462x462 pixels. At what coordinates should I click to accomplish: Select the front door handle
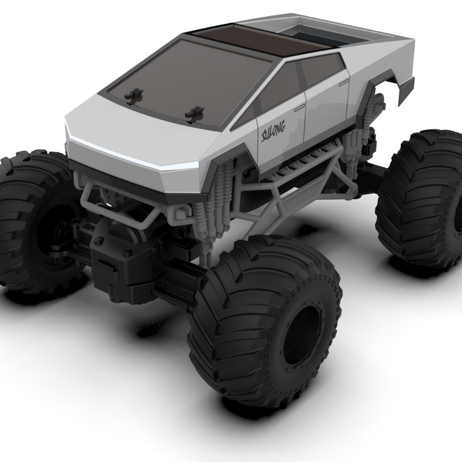click(x=300, y=107)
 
